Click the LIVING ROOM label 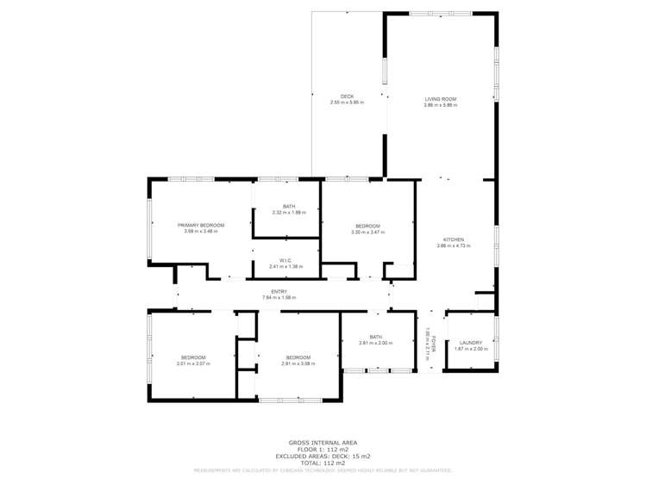pyautogui.click(x=440, y=99)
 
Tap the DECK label pyautogui.click(x=347, y=96)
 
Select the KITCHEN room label pyautogui.click(x=454, y=239)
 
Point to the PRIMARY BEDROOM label pyautogui.click(x=201, y=225)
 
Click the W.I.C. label pyautogui.click(x=286, y=260)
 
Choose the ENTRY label pyautogui.click(x=279, y=292)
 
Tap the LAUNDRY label pyautogui.click(x=471, y=343)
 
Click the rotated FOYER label pyautogui.click(x=436, y=343)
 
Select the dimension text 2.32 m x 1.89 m pyautogui.click(x=288, y=212)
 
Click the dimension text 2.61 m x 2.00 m pyautogui.click(x=376, y=343)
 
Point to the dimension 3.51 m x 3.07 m pyautogui.click(x=193, y=363)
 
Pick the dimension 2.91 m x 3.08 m pyautogui.click(x=298, y=363)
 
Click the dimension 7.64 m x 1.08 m pyautogui.click(x=279, y=298)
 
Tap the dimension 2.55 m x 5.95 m pyautogui.click(x=347, y=102)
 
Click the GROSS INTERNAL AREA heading pyautogui.click(x=323, y=443)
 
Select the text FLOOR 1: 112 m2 pyautogui.click(x=323, y=450)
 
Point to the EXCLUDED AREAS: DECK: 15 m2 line pyautogui.click(x=323, y=456)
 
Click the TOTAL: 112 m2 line pyautogui.click(x=323, y=463)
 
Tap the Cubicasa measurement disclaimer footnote pyautogui.click(x=323, y=470)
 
